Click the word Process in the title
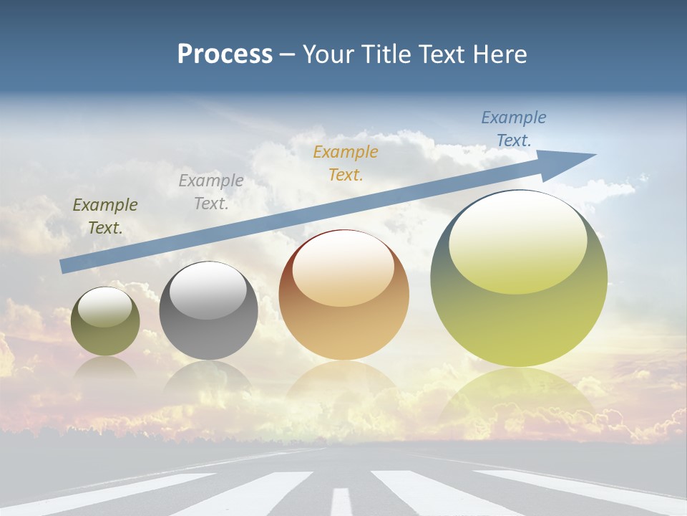click(x=225, y=54)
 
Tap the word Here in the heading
click(x=497, y=54)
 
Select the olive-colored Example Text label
click(x=105, y=216)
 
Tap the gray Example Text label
click(x=211, y=192)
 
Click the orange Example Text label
click(x=346, y=163)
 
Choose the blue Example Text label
click(x=514, y=129)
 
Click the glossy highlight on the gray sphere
click(x=208, y=290)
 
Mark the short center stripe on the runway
click(x=342, y=501)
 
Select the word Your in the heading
click(x=331, y=54)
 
